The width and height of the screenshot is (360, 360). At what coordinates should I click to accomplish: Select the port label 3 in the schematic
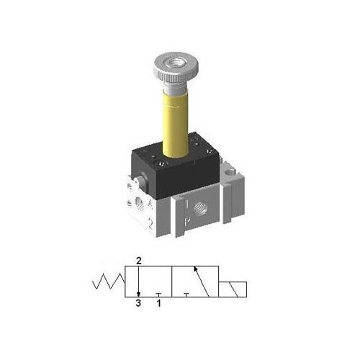[137, 304]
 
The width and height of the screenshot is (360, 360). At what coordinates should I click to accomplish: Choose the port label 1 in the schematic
[158, 304]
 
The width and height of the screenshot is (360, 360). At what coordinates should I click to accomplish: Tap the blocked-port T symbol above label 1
[158, 294]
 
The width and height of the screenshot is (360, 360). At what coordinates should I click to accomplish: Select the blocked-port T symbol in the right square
[186, 294]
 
